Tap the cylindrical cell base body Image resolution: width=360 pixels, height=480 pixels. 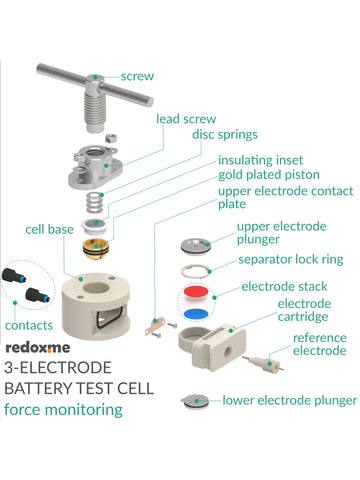pos(94,310)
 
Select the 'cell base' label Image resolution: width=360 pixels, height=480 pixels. pos(49,230)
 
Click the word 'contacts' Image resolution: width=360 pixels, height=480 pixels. pos(30,325)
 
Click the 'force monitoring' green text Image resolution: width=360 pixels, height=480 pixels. pos(62,409)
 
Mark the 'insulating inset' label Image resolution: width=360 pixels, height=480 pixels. pos(263,159)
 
